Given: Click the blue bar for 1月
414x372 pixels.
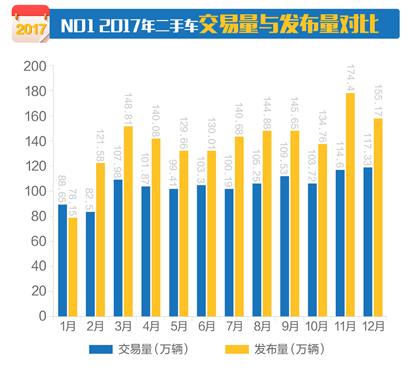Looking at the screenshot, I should pos(63,260).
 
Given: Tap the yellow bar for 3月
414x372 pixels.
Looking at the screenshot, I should pos(128,221).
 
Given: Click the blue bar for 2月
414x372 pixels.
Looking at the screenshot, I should pos(90,264).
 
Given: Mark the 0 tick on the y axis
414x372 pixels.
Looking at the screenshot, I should pos(42,316).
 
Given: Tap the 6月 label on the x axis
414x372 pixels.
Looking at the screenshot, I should pos(206,327).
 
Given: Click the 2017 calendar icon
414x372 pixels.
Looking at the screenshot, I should pos(30,24).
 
